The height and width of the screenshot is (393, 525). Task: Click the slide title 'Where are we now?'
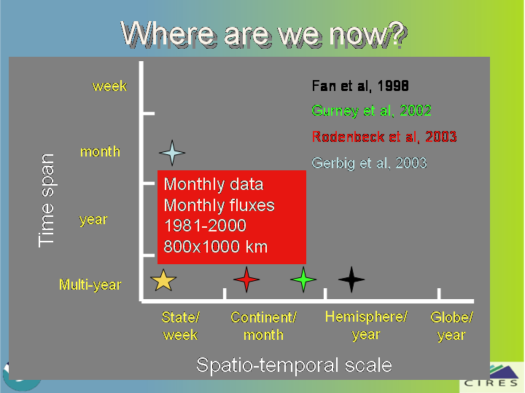pos(264,34)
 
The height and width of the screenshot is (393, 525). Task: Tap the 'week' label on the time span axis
pos(109,86)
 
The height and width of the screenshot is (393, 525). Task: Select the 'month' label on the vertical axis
pos(100,151)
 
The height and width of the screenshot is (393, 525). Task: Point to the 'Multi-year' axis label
pos(90,285)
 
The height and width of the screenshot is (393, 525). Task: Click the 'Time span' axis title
pos(46,201)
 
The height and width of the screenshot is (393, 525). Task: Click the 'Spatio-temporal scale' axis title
pos(294,365)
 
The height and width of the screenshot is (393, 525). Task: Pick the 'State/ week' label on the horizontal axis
pos(181,326)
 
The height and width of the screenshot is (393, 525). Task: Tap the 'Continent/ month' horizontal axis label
pos(263,326)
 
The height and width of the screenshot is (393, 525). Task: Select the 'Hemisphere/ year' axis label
pos(366,325)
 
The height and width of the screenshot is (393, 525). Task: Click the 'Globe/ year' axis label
pos(451,326)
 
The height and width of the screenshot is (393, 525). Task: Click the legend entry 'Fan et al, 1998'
pos(360,86)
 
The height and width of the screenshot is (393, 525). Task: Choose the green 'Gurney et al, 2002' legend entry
pos(371,111)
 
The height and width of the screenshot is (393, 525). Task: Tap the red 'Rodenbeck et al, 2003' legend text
pos(384,137)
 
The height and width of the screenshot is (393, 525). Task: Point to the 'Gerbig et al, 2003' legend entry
pos(369,163)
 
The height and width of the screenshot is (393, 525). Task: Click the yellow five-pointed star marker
pos(163,280)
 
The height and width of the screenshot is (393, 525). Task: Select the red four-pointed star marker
pos(246,279)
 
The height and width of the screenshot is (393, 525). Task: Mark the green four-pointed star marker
pos(303,279)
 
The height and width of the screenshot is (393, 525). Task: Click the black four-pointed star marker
pos(351,279)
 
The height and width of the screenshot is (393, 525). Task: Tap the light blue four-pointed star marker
pos(172,153)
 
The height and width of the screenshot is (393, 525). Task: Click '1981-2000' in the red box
pos(205,226)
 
